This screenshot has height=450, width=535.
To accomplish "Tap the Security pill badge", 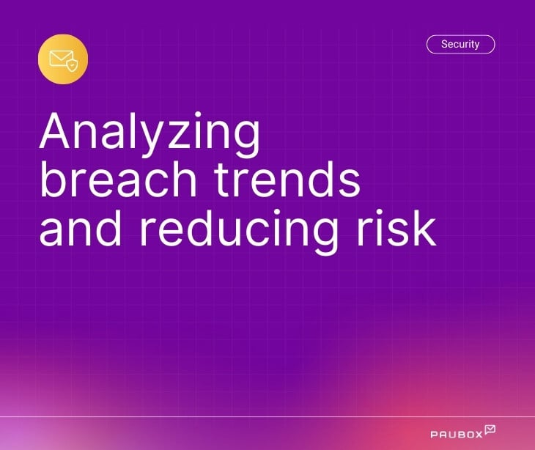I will tap(460, 45).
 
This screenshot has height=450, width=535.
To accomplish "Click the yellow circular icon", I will tap(63, 59).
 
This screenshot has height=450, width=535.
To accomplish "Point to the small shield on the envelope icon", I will tap(71, 65).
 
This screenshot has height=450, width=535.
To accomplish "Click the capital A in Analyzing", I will tap(58, 133).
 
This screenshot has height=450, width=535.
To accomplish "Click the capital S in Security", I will tap(445, 45).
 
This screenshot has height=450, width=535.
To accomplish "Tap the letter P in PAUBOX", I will tap(434, 434).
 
